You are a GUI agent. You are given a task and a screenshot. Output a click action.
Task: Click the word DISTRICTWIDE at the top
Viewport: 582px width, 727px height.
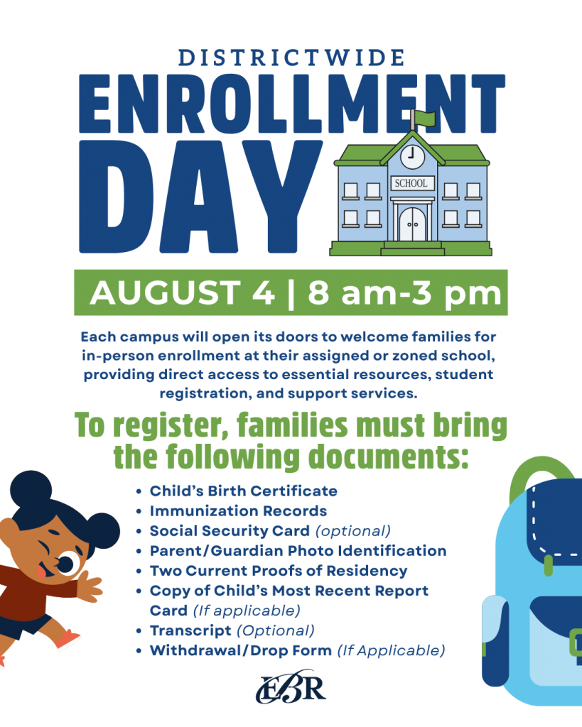pyautogui.click(x=291, y=58)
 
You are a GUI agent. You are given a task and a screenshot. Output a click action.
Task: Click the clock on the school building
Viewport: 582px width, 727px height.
pyautogui.click(x=412, y=157)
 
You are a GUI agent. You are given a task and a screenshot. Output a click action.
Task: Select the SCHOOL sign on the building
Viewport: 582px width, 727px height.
pyautogui.click(x=411, y=183)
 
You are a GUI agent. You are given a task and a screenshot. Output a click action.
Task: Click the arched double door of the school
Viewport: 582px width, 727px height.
pyautogui.click(x=412, y=224)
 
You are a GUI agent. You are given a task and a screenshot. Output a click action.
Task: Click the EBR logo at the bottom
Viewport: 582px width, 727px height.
pyautogui.click(x=291, y=687)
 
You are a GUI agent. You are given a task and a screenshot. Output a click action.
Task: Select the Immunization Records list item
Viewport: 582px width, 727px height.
pyautogui.click(x=238, y=511)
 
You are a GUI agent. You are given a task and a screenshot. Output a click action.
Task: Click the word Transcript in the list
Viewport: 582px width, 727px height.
pyautogui.click(x=190, y=630)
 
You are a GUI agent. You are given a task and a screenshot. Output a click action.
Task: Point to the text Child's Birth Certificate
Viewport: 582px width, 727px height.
pyautogui.click(x=243, y=491)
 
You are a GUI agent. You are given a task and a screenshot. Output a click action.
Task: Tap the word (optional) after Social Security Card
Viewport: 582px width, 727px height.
pyautogui.click(x=353, y=531)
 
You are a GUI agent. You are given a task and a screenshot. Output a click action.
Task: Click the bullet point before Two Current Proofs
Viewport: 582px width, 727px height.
pyautogui.click(x=139, y=572)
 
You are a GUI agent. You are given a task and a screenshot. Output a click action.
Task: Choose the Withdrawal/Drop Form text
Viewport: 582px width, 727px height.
pyautogui.click(x=240, y=650)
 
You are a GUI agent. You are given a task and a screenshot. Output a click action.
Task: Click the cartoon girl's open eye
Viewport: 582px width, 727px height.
pyautogui.click(x=66, y=563)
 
